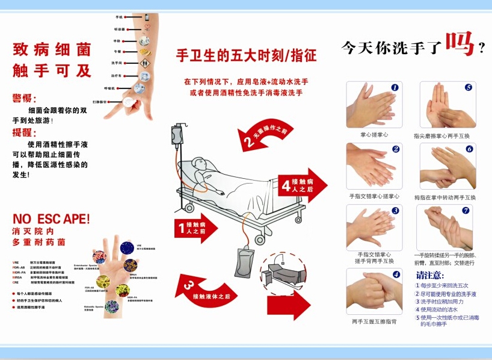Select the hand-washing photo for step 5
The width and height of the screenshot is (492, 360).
447,105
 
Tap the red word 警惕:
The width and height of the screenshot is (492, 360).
25,99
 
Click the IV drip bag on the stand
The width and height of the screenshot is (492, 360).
179,134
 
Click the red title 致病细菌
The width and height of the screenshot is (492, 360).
52,49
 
